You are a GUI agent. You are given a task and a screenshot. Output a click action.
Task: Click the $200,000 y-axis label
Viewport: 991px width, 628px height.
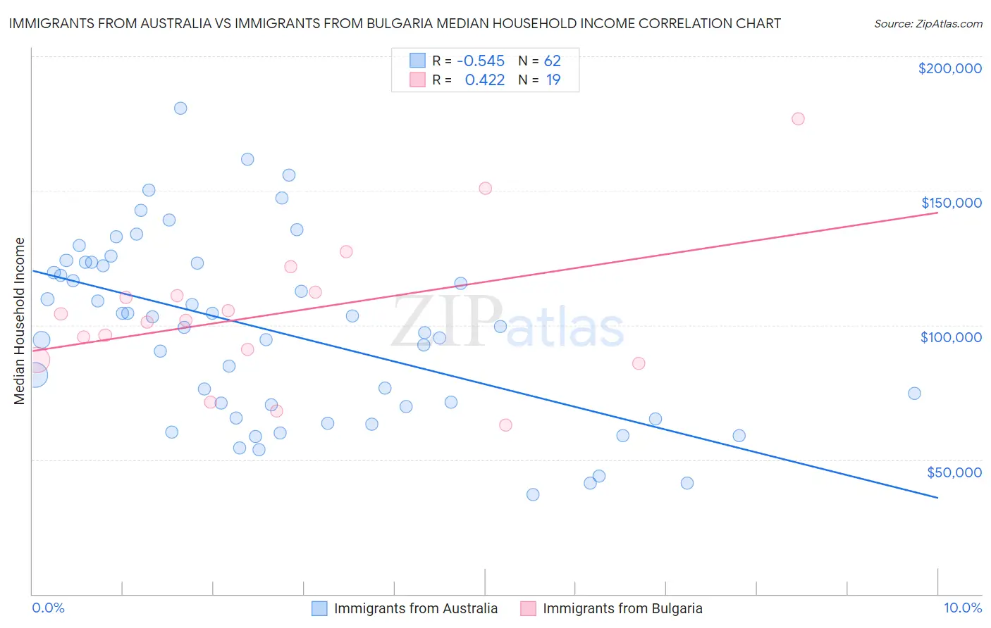pyautogui.click(x=949, y=68)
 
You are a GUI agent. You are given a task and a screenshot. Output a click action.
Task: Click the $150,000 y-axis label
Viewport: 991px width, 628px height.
pyautogui.click(x=951, y=203)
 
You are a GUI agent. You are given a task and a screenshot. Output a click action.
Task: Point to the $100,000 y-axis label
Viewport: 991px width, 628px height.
pyautogui.click(x=951, y=337)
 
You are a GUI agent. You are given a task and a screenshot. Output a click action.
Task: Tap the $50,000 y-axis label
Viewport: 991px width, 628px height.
pyautogui.click(x=954, y=472)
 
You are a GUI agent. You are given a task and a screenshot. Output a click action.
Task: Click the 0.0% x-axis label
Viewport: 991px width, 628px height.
pyautogui.click(x=48, y=608)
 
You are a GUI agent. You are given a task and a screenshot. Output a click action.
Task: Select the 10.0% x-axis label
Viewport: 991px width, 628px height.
pyautogui.click(x=962, y=608)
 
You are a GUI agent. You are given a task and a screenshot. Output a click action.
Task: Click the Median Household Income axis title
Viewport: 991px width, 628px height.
pyautogui.click(x=20, y=321)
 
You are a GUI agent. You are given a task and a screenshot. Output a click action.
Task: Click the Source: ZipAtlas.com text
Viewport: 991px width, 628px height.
pyautogui.click(x=928, y=23)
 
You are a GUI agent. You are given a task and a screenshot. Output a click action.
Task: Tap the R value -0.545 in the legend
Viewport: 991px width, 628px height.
pyautogui.click(x=481, y=61)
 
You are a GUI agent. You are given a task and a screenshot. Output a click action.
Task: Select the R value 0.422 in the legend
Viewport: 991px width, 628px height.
pyautogui.click(x=485, y=80)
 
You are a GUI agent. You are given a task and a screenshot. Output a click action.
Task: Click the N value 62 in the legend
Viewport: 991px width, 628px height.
pyautogui.click(x=552, y=61)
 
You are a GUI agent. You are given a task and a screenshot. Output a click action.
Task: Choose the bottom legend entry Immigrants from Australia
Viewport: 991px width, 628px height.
pyautogui.click(x=415, y=608)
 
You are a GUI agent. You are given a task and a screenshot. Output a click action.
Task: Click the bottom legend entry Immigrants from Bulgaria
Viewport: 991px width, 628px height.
pyautogui.click(x=622, y=608)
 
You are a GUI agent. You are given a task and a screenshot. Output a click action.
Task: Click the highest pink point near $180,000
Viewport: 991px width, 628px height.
pyautogui.click(x=798, y=118)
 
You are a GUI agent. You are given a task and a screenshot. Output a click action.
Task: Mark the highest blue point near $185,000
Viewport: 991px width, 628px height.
pyautogui.click(x=180, y=108)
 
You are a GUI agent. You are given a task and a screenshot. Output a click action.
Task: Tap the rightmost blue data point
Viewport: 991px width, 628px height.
pyautogui.click(x=914, y=394)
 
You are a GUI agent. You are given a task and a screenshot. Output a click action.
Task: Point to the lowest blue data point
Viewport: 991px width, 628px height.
pyautogui.click(x=533, y=494)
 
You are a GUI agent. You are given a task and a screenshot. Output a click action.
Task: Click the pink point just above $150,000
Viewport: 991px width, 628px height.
pyautogui.click(x=485, y=188)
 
